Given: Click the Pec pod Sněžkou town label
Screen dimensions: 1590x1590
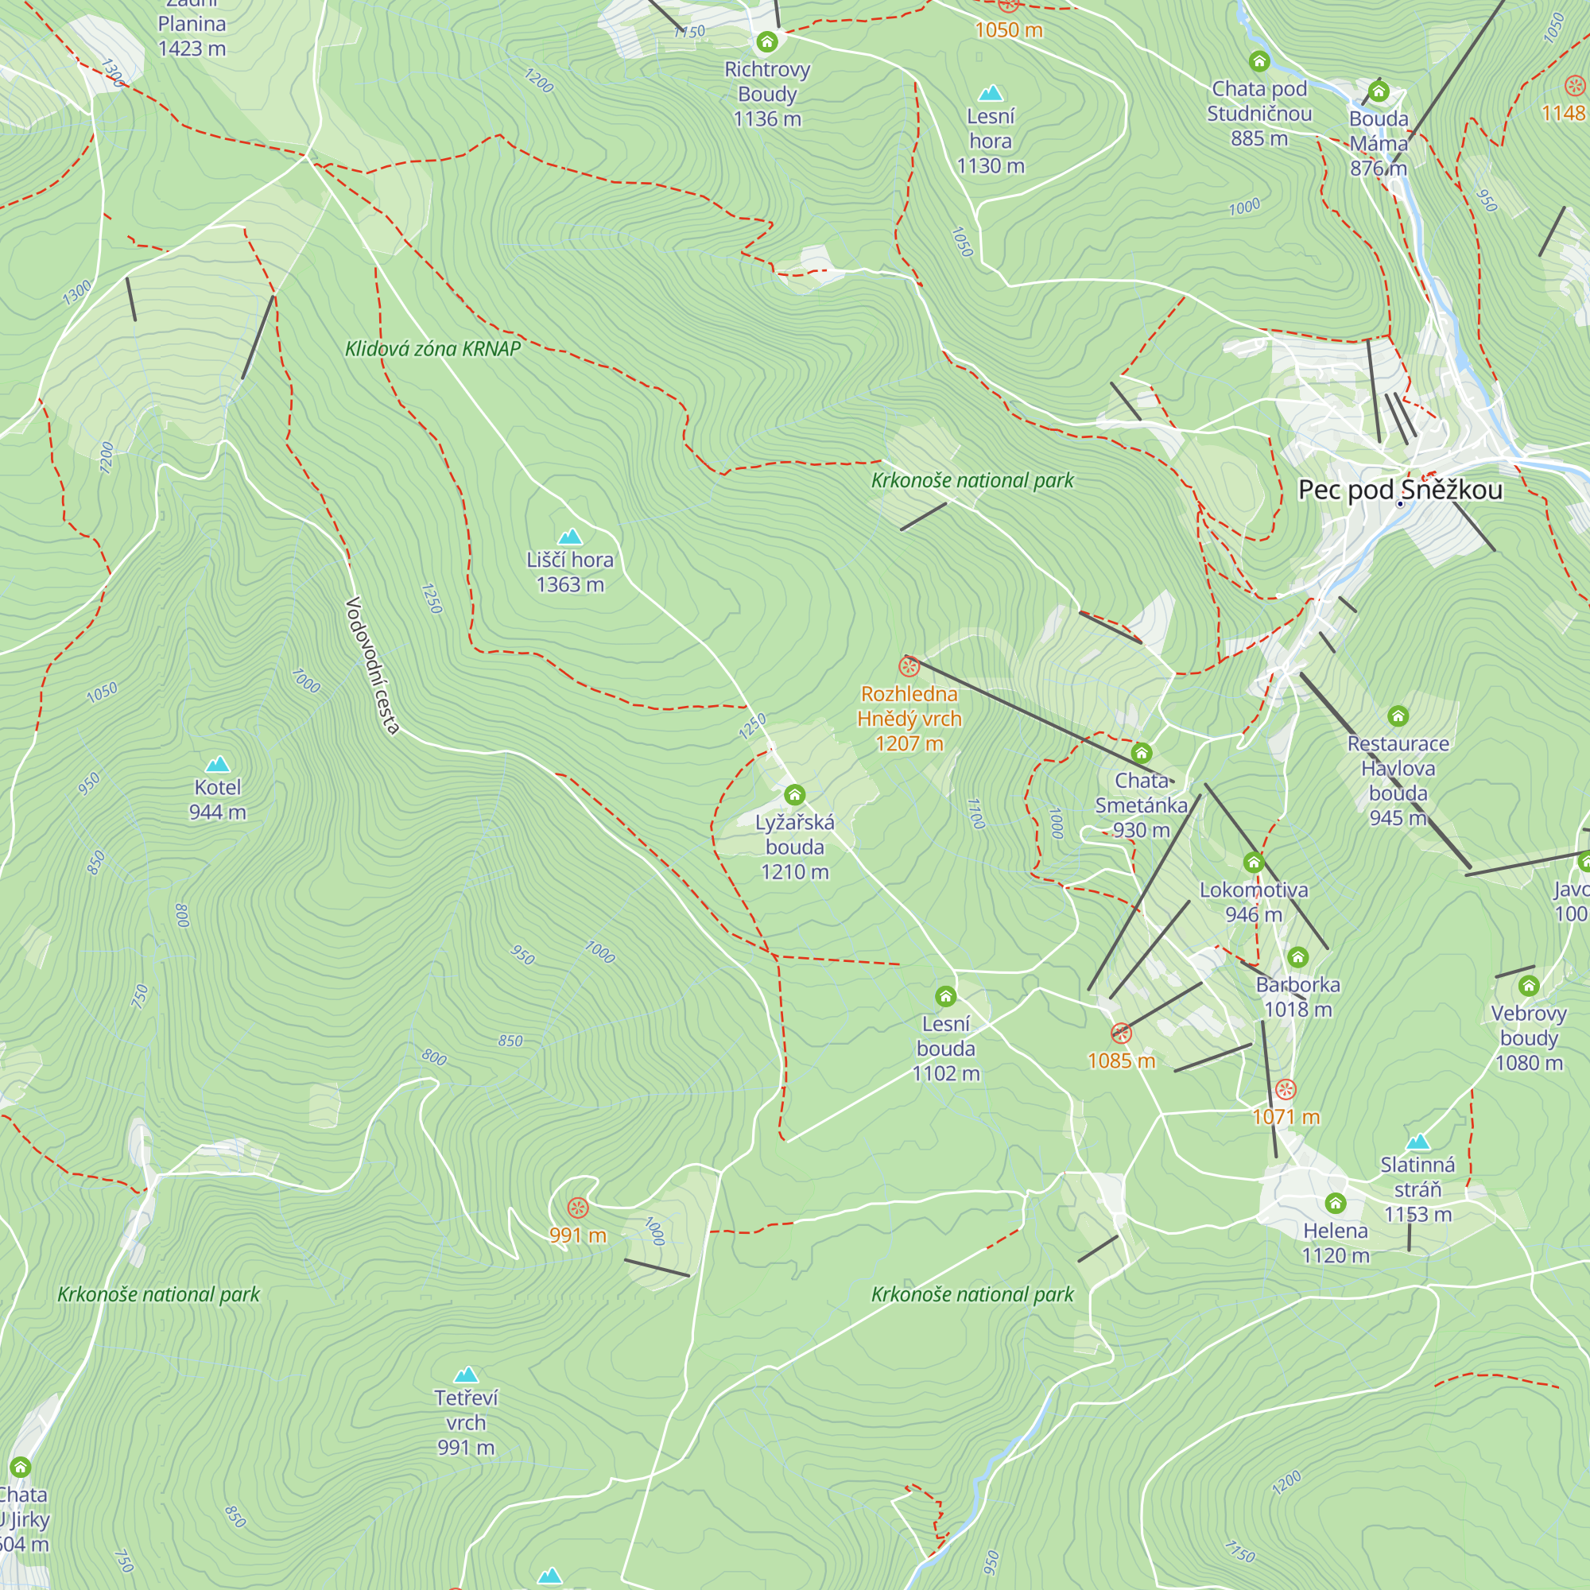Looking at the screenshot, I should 1400,491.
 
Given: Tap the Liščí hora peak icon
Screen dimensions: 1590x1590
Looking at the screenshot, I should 569,537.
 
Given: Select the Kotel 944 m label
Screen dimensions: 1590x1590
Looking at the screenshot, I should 217,799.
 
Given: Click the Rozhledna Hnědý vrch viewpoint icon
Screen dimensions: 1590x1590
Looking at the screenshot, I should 909,665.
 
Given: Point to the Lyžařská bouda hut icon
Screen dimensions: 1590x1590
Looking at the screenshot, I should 794,794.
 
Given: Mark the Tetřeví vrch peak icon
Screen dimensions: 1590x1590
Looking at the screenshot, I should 466,1375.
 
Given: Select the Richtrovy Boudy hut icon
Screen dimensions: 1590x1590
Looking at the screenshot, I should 767,42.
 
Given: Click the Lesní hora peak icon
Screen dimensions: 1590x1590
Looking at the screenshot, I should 990,92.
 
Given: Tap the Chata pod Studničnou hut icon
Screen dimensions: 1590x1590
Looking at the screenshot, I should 1259,61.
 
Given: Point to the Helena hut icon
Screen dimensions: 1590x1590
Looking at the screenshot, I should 1335,1203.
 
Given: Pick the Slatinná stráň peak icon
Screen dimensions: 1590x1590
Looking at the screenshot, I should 1417,1142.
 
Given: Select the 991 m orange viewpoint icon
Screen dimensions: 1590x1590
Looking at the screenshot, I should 578,1208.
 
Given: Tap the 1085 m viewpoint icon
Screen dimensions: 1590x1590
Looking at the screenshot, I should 1121,1033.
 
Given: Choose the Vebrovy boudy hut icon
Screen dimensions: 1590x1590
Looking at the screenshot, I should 1528,986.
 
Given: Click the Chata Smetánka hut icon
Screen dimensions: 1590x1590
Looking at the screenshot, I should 1141,753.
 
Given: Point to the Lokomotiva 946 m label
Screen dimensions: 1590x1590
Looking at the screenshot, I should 1253,902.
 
